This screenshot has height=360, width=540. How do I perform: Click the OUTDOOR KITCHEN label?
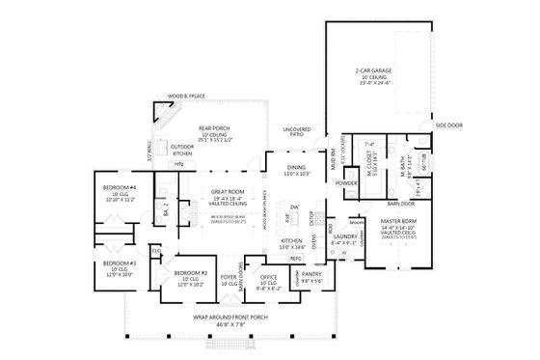tap(182, 151)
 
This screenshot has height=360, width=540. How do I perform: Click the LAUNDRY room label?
tap(344, 235)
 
